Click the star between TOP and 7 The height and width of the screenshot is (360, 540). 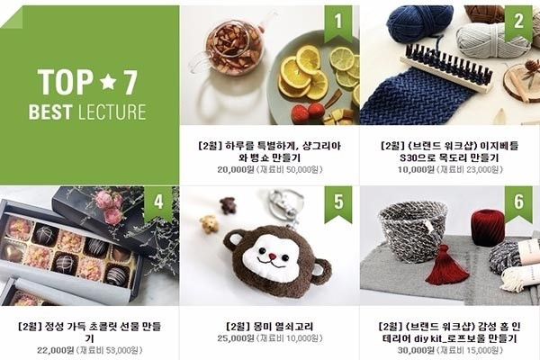pos(107,82)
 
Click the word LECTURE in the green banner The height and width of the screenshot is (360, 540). pos(112,112)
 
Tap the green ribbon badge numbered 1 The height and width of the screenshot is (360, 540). pos(338,23)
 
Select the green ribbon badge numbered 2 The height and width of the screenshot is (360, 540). pos(518,23)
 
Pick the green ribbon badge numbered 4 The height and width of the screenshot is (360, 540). pos(158,203)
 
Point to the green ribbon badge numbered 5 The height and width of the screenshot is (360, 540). pos(338,203)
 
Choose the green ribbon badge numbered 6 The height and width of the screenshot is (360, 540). pos(518,203)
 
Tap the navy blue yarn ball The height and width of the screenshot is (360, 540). pos(419,23)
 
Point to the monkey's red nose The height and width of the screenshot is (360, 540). pos(273,256)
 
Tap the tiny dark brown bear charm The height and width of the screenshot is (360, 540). pos(227,205)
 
